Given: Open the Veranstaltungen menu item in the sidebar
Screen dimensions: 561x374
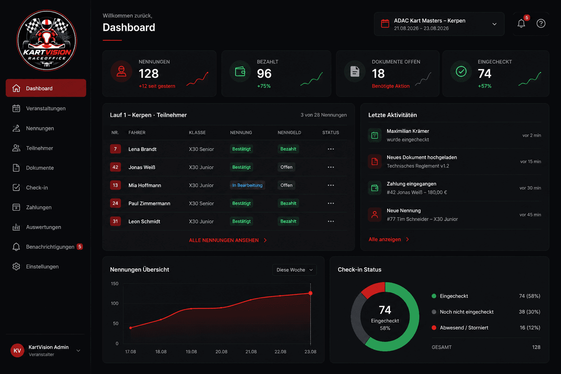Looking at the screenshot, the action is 46,108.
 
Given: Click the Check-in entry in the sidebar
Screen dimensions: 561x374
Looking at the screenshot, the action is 37,188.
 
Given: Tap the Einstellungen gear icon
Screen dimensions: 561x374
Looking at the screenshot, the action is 16,267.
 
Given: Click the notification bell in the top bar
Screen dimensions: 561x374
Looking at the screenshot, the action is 521,23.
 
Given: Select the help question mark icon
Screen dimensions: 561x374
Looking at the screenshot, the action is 541,23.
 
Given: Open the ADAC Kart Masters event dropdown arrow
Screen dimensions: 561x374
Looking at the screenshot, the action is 495,24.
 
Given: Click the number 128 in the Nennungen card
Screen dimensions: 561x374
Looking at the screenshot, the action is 149,74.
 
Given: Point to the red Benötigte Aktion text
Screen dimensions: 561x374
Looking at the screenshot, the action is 391,86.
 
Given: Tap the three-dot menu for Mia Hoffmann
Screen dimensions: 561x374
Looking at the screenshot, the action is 331,186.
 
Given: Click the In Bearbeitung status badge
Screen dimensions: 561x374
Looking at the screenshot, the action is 247,186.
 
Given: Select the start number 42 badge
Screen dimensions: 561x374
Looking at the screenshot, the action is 115,167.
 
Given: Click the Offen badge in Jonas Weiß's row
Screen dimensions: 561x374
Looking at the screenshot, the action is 286,167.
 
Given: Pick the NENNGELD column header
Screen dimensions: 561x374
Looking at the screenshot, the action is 289,133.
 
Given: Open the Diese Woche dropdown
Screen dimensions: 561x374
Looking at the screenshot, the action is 294,270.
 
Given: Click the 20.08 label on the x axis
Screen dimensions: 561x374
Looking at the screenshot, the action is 221,352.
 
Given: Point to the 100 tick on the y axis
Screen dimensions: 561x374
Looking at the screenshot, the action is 115,304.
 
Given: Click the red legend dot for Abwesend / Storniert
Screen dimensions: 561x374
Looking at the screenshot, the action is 434,328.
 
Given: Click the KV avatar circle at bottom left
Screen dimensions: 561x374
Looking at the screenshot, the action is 17,350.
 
